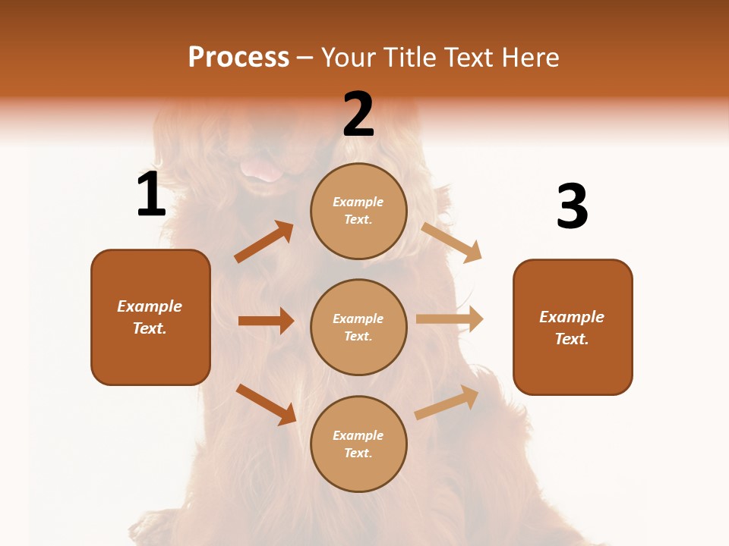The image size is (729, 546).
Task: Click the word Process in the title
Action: click(238, 57)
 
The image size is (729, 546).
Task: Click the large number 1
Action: click(151, 195)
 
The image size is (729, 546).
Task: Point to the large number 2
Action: click(358, 115)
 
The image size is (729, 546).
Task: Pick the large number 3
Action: click(572, 206)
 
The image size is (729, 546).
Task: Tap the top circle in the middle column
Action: click(358, 211)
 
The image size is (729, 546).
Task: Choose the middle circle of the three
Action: click(358, 327)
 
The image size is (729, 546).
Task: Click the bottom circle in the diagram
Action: click(358, 444)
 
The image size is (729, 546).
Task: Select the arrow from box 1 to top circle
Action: click(264, 242)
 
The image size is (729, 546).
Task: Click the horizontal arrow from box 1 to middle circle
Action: click(266, 321)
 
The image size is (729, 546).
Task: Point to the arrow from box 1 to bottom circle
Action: click(266, 404)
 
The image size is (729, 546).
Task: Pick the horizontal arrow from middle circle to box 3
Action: click(450, 319)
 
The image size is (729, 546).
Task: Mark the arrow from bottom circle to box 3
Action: click(447, 402)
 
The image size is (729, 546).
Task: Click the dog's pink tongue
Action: click(260, 170)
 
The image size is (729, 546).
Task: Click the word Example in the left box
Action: click(150, 306)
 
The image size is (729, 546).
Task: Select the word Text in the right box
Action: click(571, 339)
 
